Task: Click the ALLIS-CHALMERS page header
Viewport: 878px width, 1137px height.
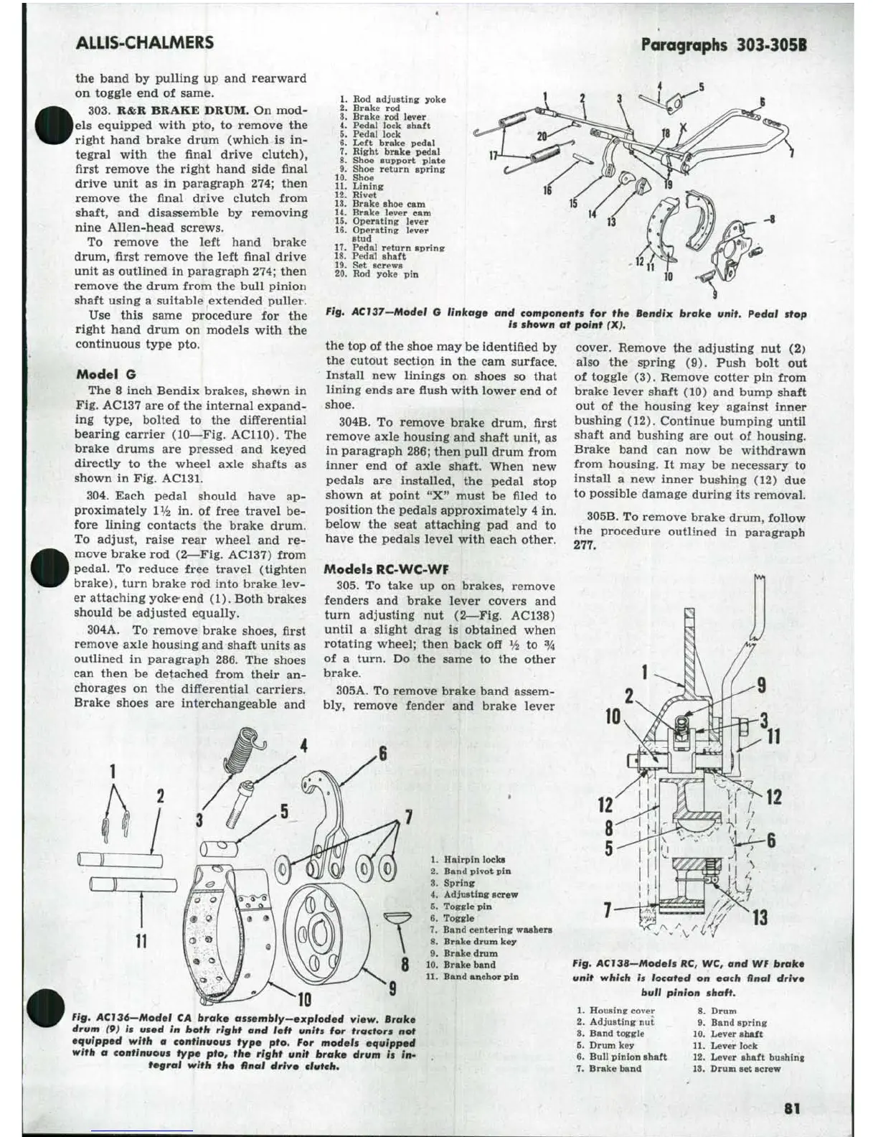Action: pos(144,42)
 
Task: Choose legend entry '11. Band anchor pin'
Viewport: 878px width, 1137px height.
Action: pos(472,976)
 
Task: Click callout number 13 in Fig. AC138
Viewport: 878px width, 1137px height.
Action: pos(759,917)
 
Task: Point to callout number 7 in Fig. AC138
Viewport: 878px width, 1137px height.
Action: pos(608,911)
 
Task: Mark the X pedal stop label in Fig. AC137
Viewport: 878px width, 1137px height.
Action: pos(684,128)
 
